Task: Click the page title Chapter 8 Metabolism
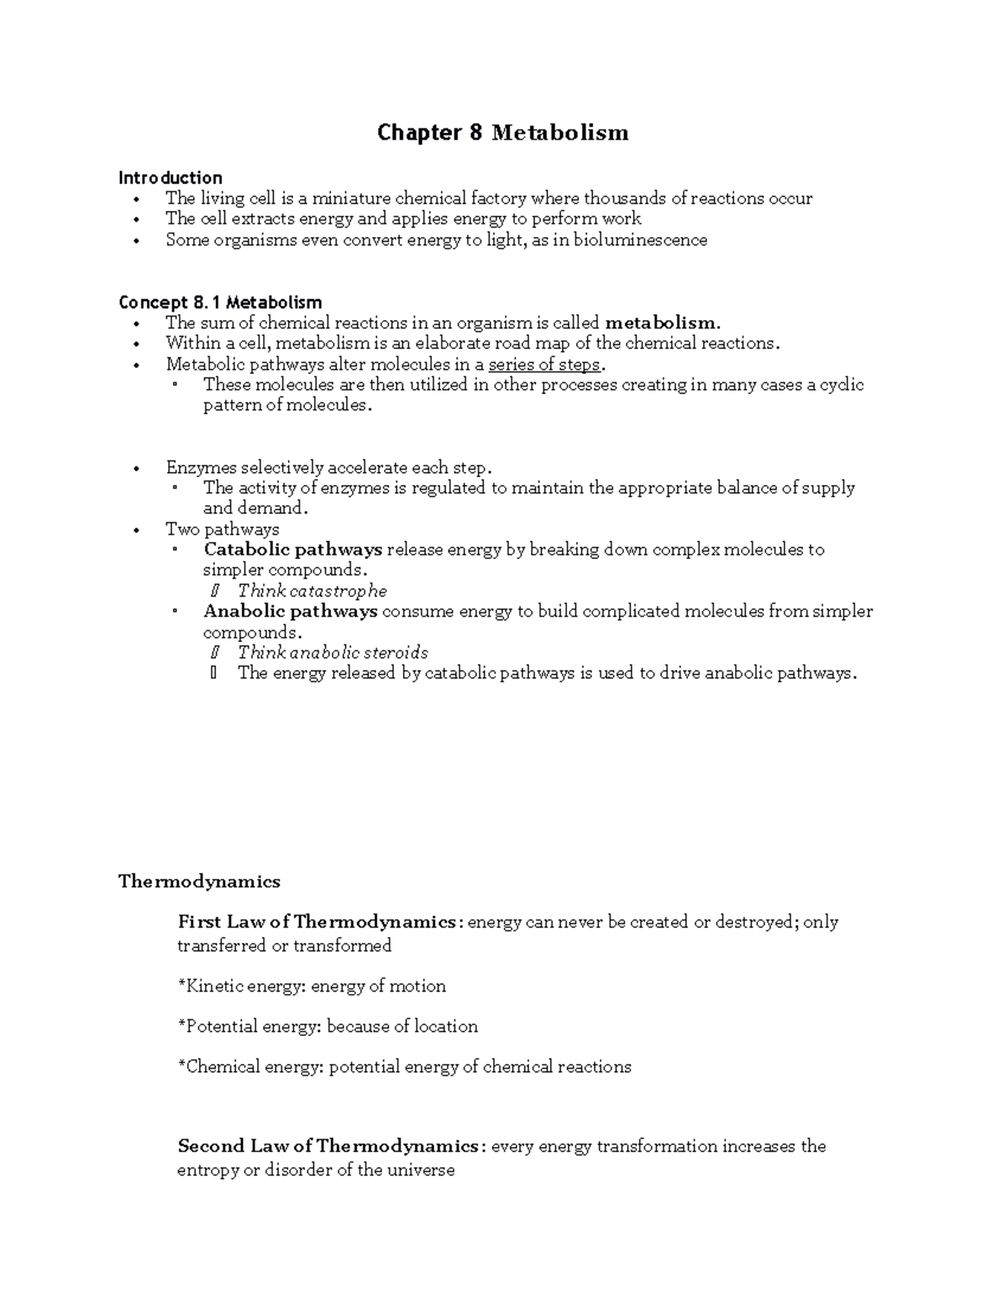(502, 133)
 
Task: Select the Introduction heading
(170, 177)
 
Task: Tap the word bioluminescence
(640, 240)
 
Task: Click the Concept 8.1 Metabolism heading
(220, 302)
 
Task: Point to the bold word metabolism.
(662, 323)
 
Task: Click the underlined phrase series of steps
(544, 365)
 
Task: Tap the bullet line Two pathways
(222, 529)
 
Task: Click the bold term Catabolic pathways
(292, 550)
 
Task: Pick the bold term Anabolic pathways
(290, 612)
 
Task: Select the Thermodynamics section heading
(199, 881)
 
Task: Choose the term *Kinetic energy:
(241, 986)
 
